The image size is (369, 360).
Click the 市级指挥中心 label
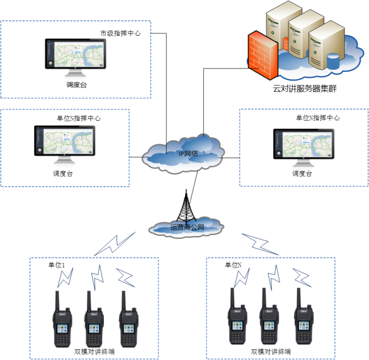120,33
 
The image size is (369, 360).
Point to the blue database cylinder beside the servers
332,59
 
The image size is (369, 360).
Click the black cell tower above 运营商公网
184,205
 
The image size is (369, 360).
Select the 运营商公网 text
187,228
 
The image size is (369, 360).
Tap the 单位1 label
57,265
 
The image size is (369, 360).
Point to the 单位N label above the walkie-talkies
233,265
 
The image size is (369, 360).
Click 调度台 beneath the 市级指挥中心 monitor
76,85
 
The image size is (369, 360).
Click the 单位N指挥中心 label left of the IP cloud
79,118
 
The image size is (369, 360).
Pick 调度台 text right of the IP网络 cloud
302,173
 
